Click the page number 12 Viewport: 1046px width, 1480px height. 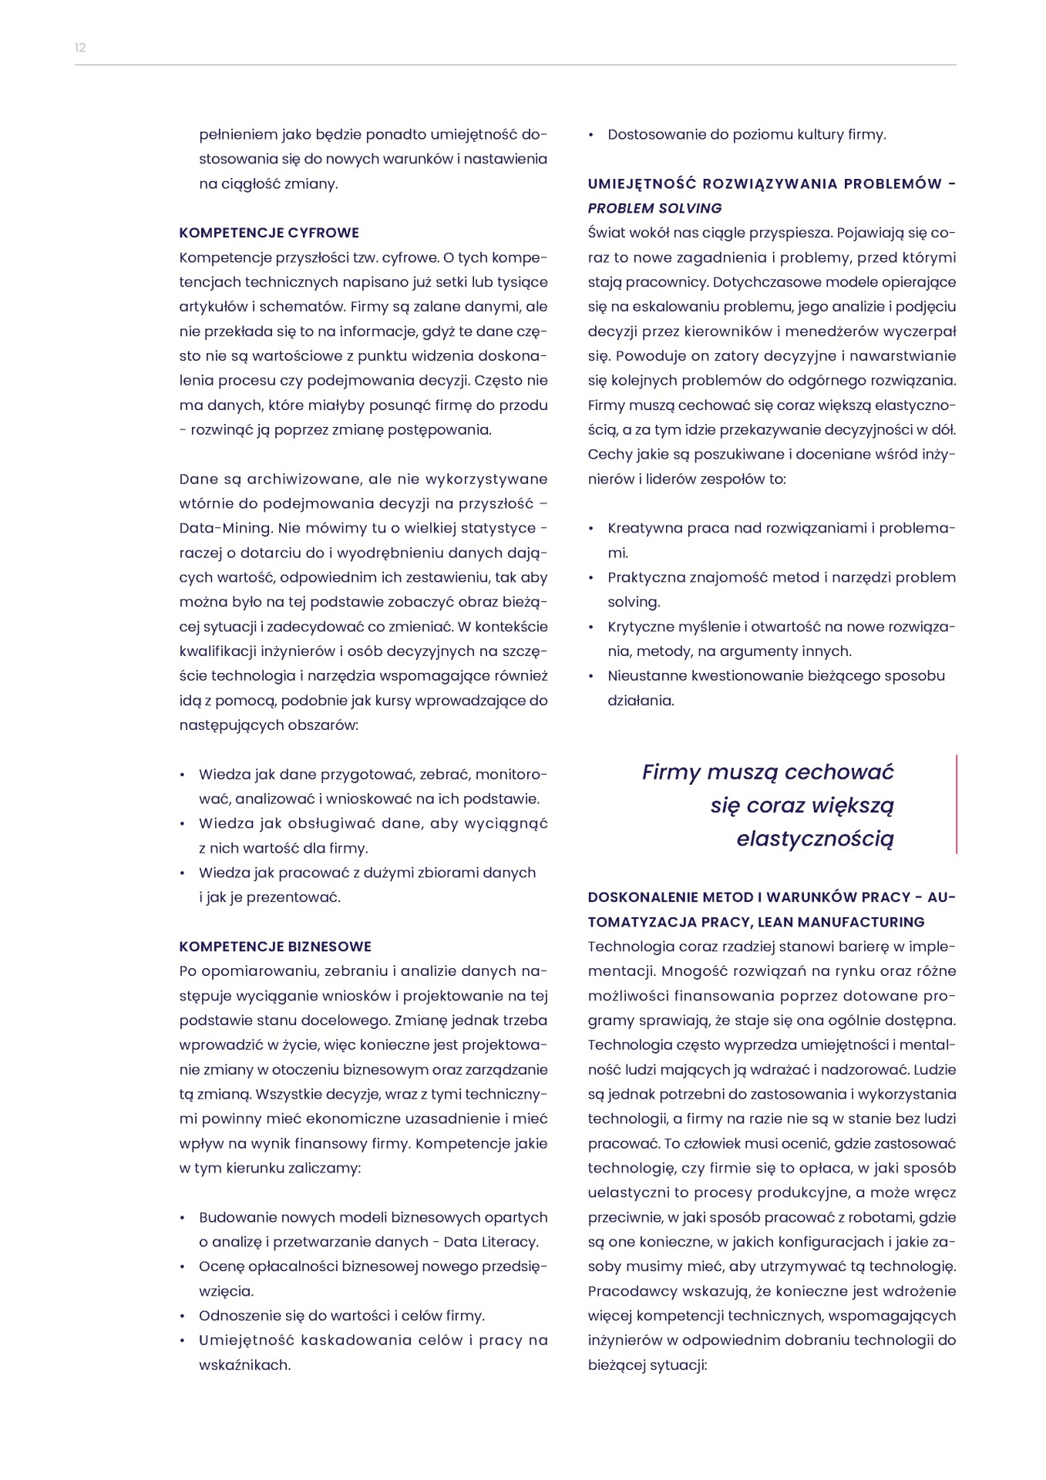[x=80, y=48]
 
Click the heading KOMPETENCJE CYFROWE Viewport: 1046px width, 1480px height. [x=269, y=233]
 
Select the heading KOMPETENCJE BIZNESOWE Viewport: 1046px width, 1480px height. [x=275, y=947]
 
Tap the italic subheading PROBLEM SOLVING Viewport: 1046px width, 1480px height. [x=654, y=208]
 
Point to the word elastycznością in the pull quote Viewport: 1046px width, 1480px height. [x=815, y=839]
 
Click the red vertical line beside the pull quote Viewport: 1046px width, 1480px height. [x=957, y=804]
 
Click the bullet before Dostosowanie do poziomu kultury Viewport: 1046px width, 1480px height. [x=591, y=135]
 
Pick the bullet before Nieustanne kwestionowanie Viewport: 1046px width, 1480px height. [x=591, y=676]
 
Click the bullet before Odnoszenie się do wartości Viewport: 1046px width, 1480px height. [x=183, y=1316]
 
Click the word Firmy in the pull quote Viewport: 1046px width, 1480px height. [x=671, y=772]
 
